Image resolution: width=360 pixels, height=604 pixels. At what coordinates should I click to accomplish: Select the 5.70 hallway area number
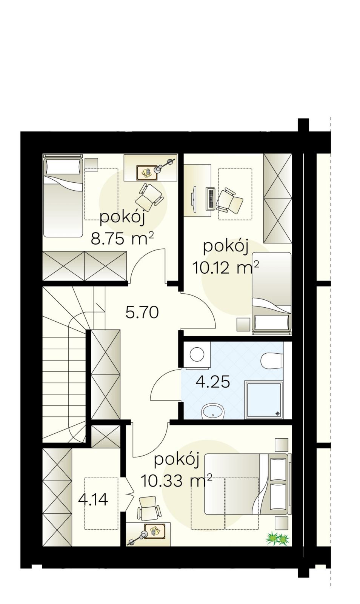[142, 313]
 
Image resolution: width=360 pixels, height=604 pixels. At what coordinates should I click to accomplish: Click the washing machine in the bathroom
[197, 355]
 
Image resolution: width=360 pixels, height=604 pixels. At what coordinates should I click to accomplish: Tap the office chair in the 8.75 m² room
[149, 195]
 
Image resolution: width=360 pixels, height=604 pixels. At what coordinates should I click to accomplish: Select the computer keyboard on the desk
[210, 199]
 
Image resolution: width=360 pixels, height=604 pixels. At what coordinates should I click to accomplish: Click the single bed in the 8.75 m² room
[63, 196]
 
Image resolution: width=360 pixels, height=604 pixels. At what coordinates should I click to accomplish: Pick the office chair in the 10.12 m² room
[230, 201]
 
